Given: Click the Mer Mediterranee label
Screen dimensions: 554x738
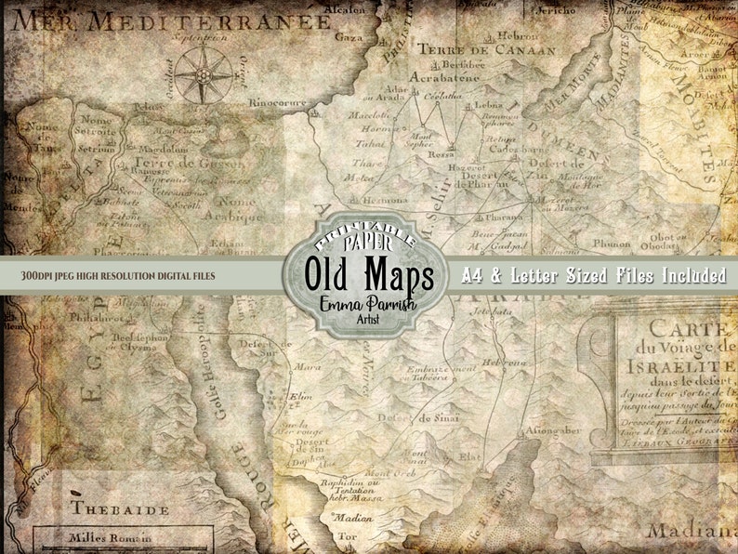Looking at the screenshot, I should pos(172,20).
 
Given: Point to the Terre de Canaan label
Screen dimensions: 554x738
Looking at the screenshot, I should pos(485,48).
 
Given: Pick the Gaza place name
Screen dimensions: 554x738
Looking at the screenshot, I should pos(349,38).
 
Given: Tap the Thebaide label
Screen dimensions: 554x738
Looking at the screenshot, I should pos(120,508).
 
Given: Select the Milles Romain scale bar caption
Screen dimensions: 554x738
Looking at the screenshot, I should pos(111,537).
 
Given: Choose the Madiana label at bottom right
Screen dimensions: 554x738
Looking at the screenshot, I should pos(703,531).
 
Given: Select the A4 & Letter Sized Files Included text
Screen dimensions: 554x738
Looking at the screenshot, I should pos(595,275).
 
